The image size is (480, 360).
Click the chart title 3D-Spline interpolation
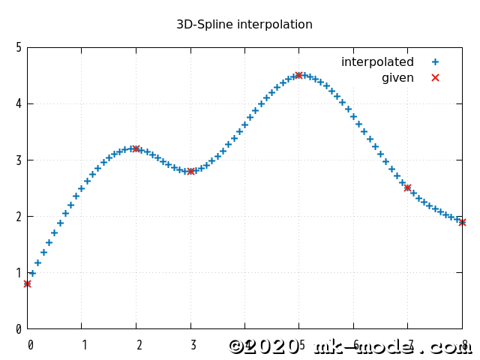pos(244,25)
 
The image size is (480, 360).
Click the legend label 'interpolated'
pos(377,62)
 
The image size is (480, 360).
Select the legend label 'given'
pos(397,78)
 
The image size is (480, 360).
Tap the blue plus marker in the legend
pos(435,62)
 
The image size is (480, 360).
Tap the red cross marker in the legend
pos(435,78)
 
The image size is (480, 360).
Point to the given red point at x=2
pos(136,148)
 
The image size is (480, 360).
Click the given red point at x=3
pos(190,171)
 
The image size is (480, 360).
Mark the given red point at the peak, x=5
pos(298,75)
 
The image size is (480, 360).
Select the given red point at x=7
pos(407,187)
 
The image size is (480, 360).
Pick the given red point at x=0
pos(27,283)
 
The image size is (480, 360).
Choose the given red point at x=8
pos(462,222)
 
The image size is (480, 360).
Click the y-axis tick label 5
pos(19,47)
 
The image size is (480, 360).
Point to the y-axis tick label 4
pos(19,103)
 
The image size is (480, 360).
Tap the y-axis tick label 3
pos(19,160)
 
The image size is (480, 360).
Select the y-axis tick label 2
pos(19,216)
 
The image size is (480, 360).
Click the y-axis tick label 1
pos(19,272)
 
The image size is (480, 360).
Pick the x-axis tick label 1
pos(85,346)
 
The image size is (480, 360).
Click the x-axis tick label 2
pos(139,346)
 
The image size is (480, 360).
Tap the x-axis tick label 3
pos(193,346)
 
